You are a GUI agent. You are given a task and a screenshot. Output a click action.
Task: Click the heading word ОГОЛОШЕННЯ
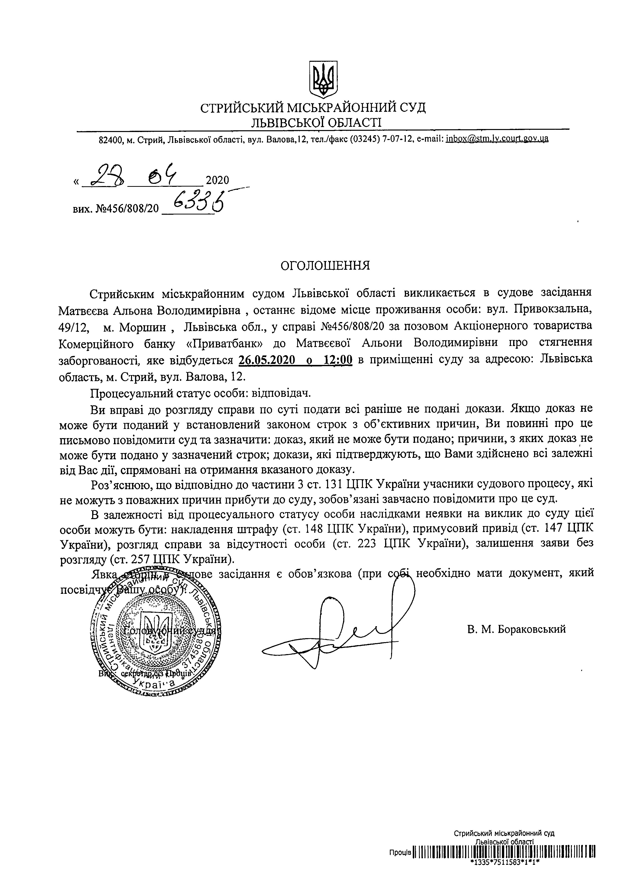pyautogui.click(x=326, y=266)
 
